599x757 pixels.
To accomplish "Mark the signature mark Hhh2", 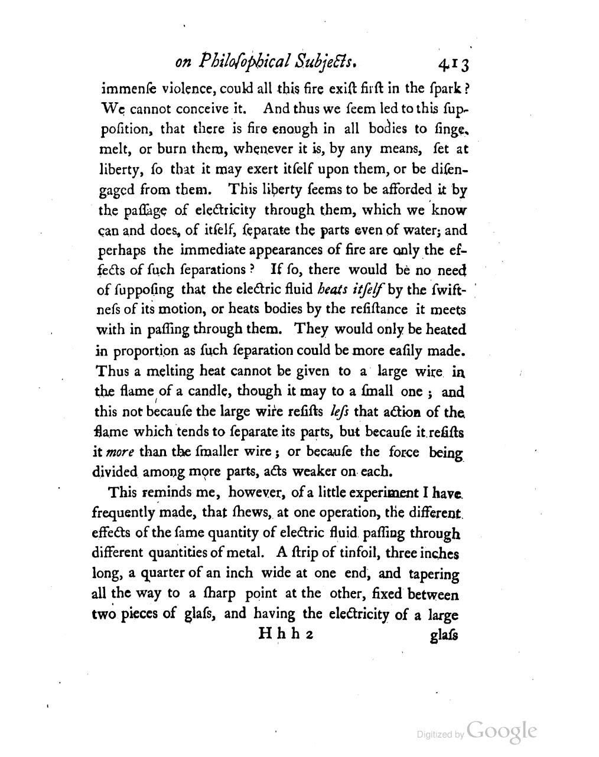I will pos(287,634).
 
